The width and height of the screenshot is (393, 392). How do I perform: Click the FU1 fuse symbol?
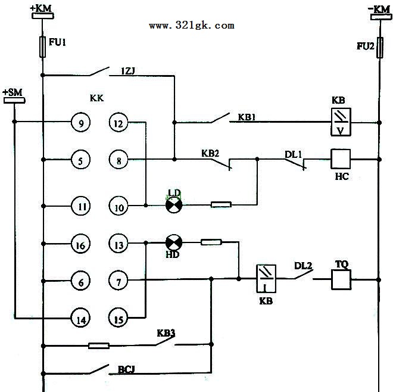43,47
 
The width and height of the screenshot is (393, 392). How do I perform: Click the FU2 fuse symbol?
380,48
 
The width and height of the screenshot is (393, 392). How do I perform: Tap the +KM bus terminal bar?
43,16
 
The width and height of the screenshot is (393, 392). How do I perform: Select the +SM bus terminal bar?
14,100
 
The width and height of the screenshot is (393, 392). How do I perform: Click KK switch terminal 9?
81,123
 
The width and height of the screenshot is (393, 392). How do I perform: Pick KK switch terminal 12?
118,123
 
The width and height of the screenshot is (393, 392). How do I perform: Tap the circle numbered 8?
118,160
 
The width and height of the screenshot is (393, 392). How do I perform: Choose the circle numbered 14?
81,319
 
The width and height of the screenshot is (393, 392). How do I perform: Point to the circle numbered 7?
118,281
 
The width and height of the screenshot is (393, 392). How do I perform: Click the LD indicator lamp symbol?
174,205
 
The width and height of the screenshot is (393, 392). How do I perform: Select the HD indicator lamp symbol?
174,243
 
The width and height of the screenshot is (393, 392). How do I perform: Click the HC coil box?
341,159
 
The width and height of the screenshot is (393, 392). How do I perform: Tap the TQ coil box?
341,279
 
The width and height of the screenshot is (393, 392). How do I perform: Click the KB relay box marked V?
341,122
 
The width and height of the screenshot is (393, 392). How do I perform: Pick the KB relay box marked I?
266,279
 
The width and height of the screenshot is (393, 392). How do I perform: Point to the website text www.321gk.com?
192,26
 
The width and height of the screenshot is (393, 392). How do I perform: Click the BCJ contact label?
126,369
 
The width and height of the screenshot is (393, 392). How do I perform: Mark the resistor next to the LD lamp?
221,205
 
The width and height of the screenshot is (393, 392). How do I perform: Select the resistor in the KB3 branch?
99,346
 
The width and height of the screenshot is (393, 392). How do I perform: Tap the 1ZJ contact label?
128,71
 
